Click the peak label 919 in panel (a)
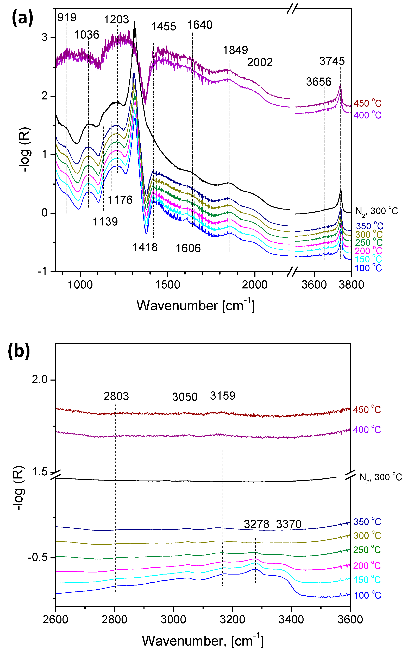tap(67, 18)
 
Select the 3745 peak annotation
tap(332, 61)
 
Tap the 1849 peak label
tap(235, 50)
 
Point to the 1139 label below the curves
tap(105, 222)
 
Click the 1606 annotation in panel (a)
tap(188, 248)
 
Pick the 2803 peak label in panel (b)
tap(116, 396)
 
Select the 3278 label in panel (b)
tap(256, 524)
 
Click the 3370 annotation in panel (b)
tap(288, 524)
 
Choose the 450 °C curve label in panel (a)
tap(367, 103)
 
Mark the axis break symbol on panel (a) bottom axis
tap(292, 272)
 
